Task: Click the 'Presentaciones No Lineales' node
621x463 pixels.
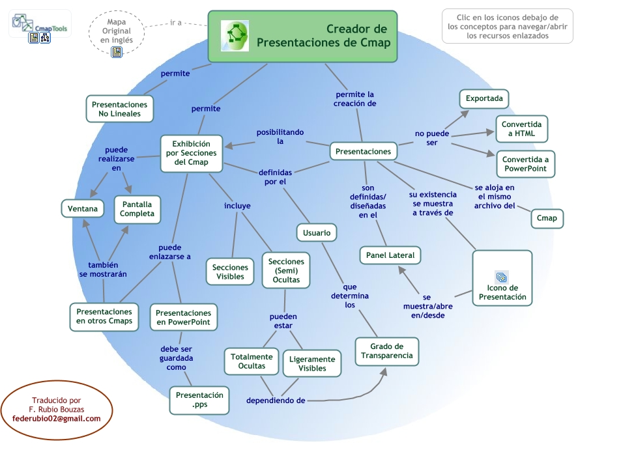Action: click(119, 109)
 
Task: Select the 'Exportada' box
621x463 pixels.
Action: click(484, 99)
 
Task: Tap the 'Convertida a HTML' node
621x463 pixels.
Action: click(521, 129)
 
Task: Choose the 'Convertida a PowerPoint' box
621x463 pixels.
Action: click(525, 164)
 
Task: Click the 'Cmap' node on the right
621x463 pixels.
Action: click(547, 219)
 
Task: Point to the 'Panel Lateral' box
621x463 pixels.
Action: click(390, 255)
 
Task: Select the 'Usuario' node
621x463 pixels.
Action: click(317, 232)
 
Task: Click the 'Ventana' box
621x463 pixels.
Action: click(83, 209)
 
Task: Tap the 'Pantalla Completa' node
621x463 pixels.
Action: click(137, 209)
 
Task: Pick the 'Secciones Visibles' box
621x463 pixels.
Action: click(230, 272)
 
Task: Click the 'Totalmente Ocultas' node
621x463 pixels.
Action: click(252, 361)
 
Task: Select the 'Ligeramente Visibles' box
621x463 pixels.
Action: click(312, 363)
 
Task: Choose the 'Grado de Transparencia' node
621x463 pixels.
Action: click(387, 351)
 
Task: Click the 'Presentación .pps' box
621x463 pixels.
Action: click(199, 400)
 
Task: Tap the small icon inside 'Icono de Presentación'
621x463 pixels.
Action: click(501, 276)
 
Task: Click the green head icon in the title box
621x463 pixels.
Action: click(235, 36)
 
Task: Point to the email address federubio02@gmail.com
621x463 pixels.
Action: click(57, 419)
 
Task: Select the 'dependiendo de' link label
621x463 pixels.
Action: click(276, 400)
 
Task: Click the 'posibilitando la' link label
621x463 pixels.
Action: click(280, 136)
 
